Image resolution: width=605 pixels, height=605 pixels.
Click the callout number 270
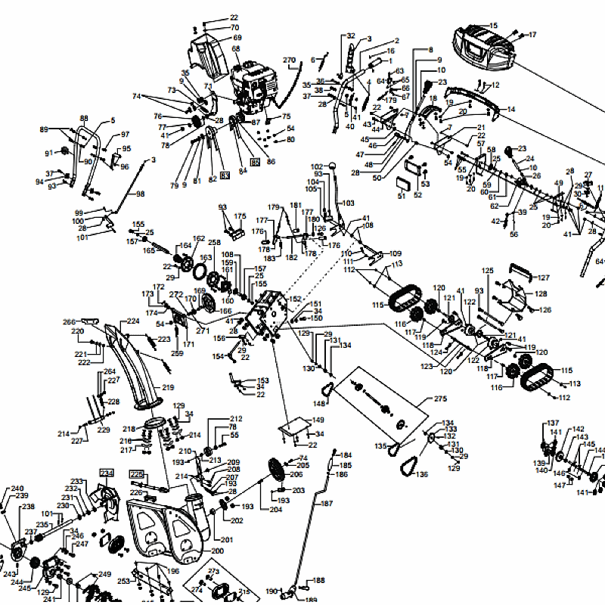point(289,60)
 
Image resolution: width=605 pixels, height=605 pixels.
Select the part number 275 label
point(440,399)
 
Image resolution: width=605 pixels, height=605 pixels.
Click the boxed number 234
point(106,473)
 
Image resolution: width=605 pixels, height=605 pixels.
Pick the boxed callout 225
point(136,474)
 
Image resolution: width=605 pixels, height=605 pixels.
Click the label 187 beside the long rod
point(327,503)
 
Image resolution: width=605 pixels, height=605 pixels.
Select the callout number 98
point(140,194)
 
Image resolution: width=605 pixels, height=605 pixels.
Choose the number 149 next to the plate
point(318,420)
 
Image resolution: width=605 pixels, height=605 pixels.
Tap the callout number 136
point(421,475)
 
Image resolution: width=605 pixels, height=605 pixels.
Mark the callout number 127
point(543,278)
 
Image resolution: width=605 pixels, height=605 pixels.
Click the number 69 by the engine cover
point(237,38)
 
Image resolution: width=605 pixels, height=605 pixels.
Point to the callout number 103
point(348,203)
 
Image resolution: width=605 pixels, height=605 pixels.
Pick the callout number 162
point(198,239)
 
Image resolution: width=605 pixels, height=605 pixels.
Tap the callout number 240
point(17,489)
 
